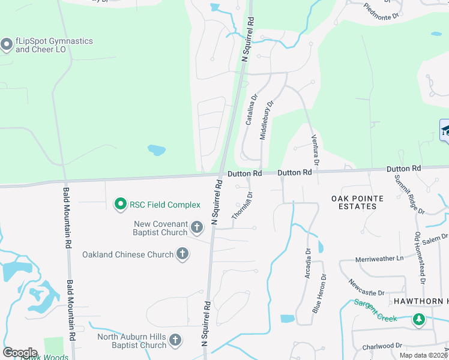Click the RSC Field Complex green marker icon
pyautogui.click(x=120, y=205)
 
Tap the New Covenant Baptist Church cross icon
pyautogui.click(x=197, y=227)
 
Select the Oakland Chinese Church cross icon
pyautogui.click(x=182, y=254)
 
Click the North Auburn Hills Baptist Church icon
pyautogui.click(x=175, y=341)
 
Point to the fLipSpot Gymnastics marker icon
pyautogui.click(x=7, y=44)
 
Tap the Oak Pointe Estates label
pyautogui.click(x=354, y=202)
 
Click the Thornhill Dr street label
pyautogui.click(x=243, y=205)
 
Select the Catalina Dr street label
pyautogui.click(x=251, y=109)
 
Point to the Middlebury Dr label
pyautogui.click(x=266, y=120)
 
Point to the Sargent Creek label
pyautogui.click(x=375, y=311)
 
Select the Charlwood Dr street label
pyautogui.click(x=382, y=346)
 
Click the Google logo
pyautogui.click(x=20, y=352)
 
